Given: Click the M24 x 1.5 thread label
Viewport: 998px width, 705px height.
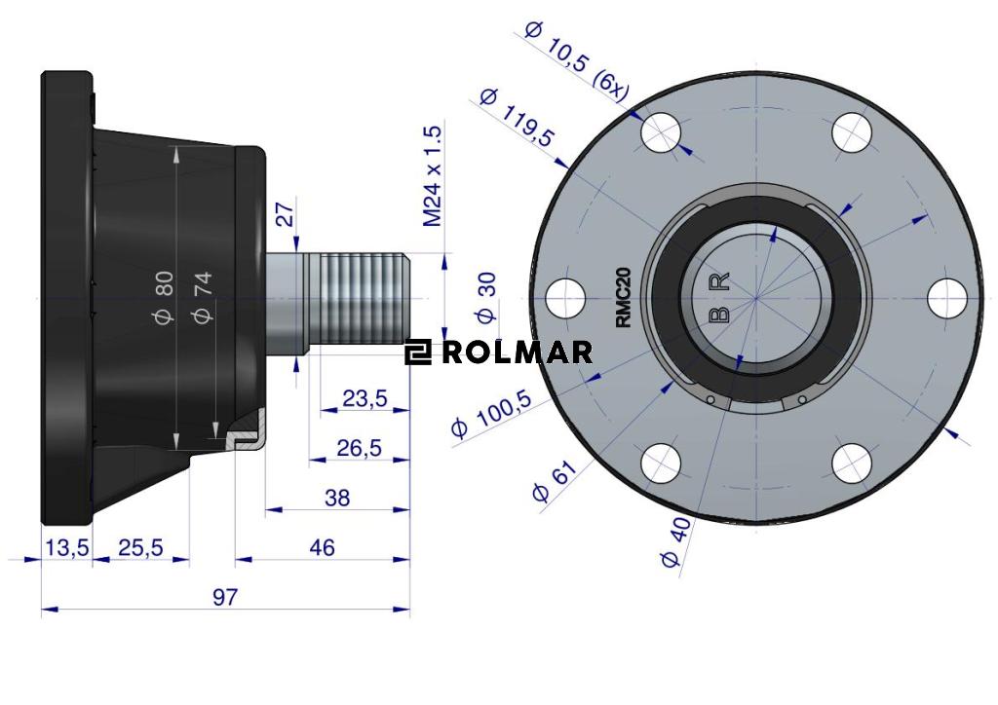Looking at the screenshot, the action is tap(432, 176).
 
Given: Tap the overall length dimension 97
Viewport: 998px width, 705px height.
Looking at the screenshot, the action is tap(225, 597).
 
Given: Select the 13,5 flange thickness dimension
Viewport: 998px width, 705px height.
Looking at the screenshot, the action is tap(67, 547).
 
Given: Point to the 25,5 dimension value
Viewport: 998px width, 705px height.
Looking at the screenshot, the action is tap(139, 547).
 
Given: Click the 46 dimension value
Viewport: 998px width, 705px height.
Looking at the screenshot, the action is tap(322, 547).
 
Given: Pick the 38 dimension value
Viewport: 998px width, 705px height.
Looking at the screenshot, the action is tap(337, 498).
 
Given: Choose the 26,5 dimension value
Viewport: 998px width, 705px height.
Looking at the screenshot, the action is tap(359, 448).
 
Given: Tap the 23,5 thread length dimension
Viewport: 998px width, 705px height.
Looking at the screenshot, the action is tap(365, 398).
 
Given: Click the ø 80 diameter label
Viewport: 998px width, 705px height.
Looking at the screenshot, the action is tap(164, 296).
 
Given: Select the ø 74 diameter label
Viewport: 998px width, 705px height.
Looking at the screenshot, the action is tap(203, 296).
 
